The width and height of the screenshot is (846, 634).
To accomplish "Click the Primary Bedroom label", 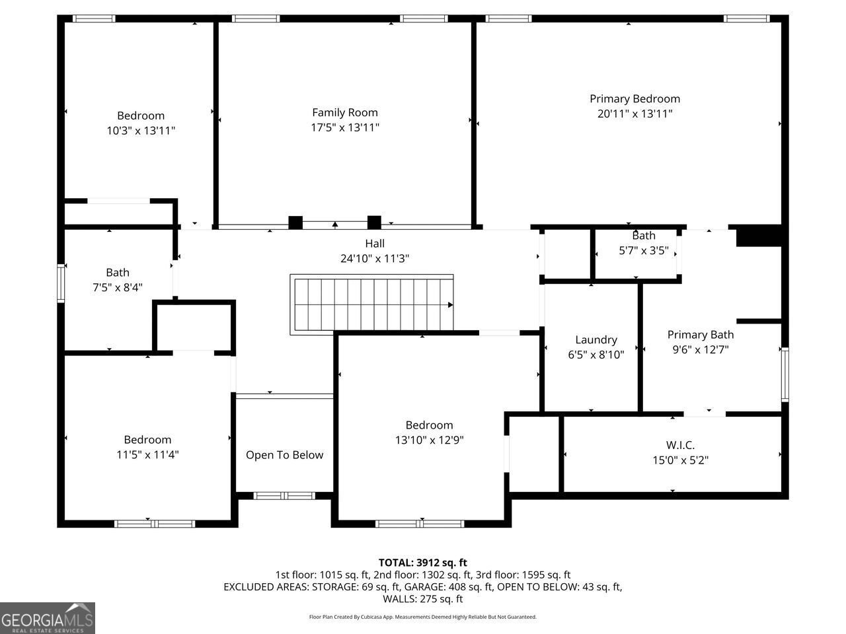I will point(634,99).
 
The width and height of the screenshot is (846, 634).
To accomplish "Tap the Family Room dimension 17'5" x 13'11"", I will point(345,127).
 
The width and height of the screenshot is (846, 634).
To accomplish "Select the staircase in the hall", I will point(371,304).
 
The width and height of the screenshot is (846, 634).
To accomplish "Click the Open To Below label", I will point(284,455).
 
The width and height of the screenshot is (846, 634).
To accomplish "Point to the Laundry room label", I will point(596,339).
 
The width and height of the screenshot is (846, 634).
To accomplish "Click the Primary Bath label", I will point(700,335).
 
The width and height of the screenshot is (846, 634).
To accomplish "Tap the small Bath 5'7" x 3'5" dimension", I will point(643,251).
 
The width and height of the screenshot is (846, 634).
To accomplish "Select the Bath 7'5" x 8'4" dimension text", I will point(118,287).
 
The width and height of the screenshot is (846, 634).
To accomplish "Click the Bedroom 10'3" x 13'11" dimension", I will point(141,131).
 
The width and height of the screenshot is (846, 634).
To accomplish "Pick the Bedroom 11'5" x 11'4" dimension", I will point(147,454).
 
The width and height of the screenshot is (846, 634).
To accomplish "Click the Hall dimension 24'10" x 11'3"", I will point(375,259).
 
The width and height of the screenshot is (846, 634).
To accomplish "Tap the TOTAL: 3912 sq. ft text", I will point(422,563).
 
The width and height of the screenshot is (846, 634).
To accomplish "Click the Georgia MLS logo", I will point(48,618).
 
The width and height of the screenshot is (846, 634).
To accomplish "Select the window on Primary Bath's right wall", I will point(785,374).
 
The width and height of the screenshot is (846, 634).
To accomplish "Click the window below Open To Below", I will point(285,495).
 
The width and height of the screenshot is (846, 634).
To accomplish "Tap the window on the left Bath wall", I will point(61,283).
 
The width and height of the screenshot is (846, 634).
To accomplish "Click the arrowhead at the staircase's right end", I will point(450,305).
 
